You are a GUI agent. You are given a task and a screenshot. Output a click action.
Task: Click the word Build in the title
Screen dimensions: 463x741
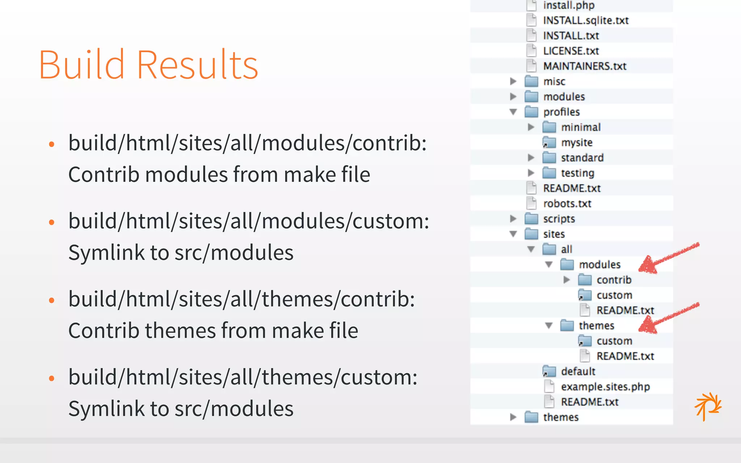pos(81,65)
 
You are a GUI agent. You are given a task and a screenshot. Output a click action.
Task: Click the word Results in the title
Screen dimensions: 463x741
pos(197,65)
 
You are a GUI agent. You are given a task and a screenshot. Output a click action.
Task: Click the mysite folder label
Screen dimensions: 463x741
pos(577,143)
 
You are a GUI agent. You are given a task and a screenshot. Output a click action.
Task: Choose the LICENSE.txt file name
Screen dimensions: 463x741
pos(571,51)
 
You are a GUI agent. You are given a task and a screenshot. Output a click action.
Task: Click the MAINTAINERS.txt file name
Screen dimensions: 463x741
pos(585,66)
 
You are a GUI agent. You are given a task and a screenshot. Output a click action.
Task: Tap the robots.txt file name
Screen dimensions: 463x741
pos(567,204)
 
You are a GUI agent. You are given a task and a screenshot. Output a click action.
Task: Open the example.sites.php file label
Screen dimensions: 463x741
pos(605,387)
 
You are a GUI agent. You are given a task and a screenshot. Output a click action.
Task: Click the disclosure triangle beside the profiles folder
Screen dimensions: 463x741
pos(513,112)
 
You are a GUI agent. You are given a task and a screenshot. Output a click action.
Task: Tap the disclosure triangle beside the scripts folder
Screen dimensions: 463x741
pos(513,219)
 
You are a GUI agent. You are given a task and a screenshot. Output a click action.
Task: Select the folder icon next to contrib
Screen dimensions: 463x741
pos(585,280)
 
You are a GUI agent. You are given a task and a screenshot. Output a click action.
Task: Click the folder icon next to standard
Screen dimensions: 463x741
pos(549,158)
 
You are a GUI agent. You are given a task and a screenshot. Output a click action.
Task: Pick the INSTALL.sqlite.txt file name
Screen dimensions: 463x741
pos(586,21)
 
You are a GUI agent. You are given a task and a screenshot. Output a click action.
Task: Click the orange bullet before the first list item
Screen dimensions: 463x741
pos(51,144)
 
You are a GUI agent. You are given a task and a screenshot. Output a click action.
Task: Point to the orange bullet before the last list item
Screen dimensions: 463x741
pos(51,378)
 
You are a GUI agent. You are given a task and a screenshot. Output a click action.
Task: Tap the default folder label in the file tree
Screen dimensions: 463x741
pos(578,371)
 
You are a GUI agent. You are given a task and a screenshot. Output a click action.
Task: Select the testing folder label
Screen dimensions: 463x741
pos(577,173)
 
